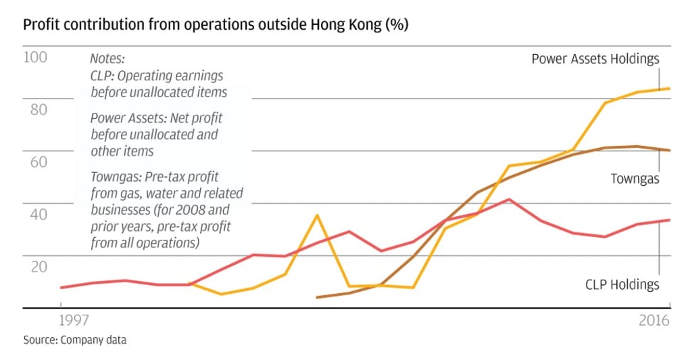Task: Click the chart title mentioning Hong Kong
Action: click(216, 25)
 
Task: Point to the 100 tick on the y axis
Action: click(36, 57)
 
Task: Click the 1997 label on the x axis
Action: click(61, 321)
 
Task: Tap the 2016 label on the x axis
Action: click(653, 321)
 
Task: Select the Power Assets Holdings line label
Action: click(595, 59)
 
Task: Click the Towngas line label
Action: click(635, 179)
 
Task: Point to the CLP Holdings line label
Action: click(622, 284)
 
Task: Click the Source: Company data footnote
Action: click(74, 340)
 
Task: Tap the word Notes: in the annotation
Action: click(107, 59)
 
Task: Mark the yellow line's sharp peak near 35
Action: click(316, 215)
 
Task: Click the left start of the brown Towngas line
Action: click(317, 297)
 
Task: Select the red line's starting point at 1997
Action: click(61, 288)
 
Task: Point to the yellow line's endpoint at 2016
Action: click(669, 88)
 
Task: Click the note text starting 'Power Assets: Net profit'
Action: click(156, 134)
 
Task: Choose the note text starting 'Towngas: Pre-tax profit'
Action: click(166, 209)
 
